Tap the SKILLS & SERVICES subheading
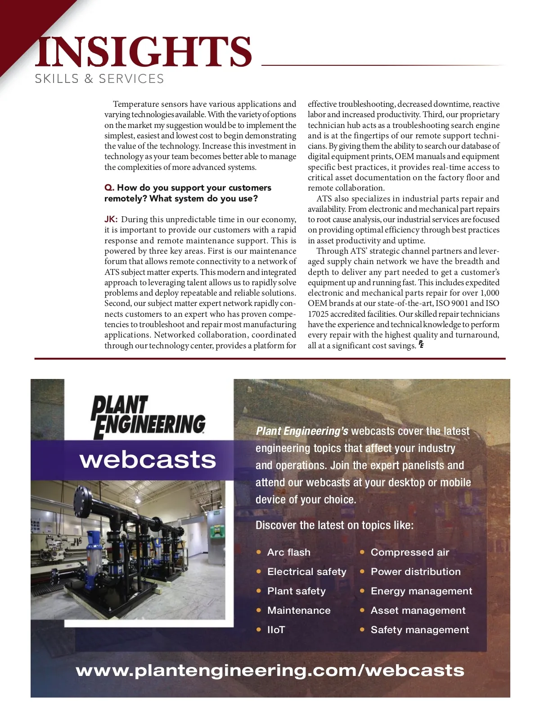pos(99,79)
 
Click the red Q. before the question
pos(109,188)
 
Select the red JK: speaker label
pos(111,219)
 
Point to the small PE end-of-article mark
pos(421,345)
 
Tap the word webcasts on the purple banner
pos(148,460)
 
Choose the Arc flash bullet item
pos(288,552)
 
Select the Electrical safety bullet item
pos(306,572)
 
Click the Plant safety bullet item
pos(296,591)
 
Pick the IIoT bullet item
pos(276,630)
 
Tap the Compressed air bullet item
pos(409,552)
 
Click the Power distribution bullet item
pos(415,572)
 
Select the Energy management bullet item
pos(421,591)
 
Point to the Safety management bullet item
pos(419,630)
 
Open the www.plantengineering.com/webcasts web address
pos(270,671)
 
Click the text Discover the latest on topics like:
pos(334,525)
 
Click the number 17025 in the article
pos(319,314)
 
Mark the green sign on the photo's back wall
pos(216,513)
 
